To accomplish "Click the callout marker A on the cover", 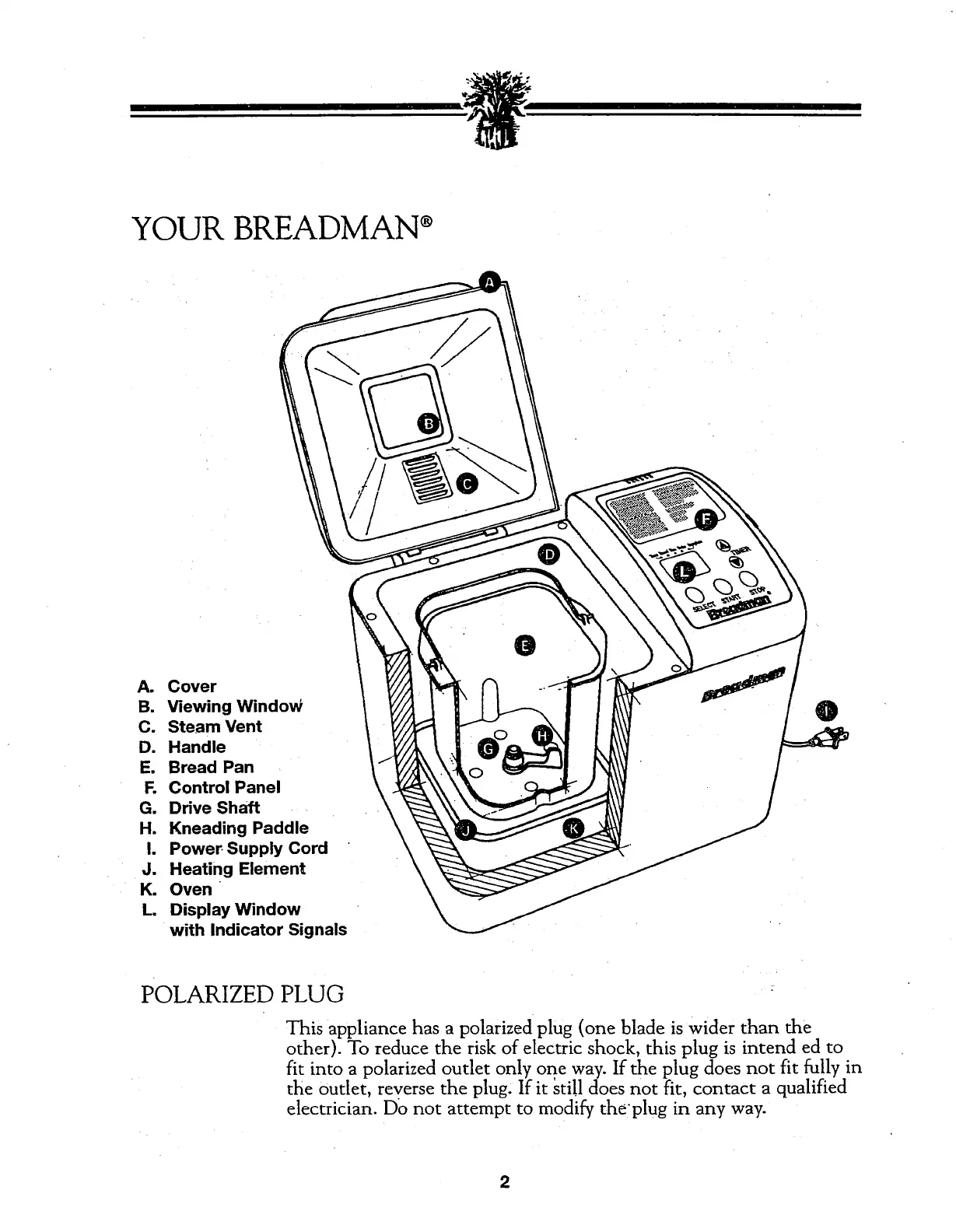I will pos(489,283).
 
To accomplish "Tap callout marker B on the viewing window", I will pos(427,423).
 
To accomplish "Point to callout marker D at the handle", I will pos(548,553).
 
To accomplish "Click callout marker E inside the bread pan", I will pos(525,646).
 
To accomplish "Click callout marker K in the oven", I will pos(573,829).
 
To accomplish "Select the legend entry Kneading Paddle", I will pos(238,828).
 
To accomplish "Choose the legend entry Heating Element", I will pos(236,868).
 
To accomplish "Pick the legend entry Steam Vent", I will pos(215,726).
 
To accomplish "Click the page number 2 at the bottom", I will pos(504,1183).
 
